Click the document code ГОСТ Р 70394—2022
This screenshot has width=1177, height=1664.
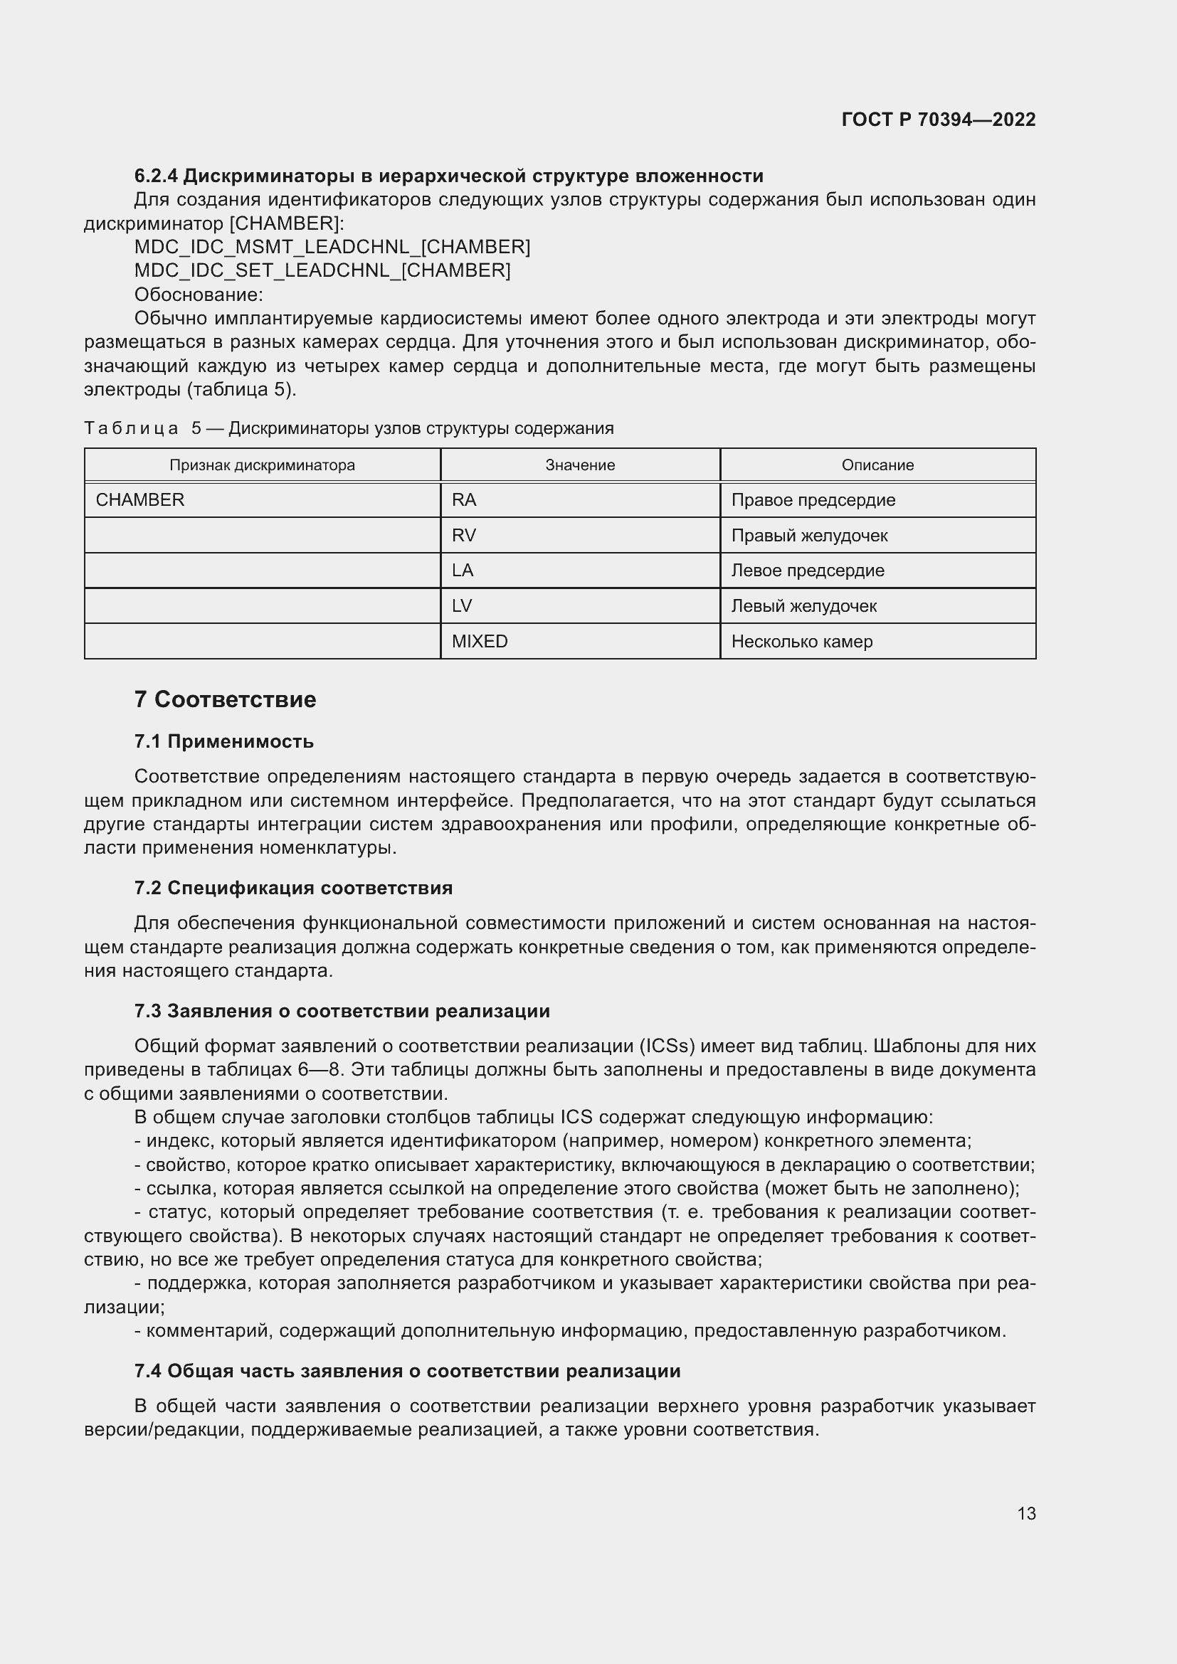coord(938,120)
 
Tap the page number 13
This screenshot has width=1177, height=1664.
coord(1026,1513)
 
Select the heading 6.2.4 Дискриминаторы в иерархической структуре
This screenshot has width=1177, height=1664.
coord(448,176)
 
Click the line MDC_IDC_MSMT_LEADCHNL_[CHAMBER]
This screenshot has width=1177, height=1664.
coord(332,247)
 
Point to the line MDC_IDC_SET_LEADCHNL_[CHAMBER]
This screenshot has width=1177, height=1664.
coord(322,270)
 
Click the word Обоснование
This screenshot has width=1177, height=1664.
coord(198,295)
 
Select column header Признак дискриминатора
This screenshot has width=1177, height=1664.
coord(263,465)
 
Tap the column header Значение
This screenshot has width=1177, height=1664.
coord(580,465)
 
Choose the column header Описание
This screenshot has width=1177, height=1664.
coord(877,465)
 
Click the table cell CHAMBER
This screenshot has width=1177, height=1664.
coord(141,500)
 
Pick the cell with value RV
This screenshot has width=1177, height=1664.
coord(464,536)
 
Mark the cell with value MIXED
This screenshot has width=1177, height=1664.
coord(480,642)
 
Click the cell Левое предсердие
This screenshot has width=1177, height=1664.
coord(808,571)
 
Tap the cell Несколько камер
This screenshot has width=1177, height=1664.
coord(801,642)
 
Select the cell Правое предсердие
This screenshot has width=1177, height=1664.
coord(813,500)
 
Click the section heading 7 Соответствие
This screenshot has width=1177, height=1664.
coord(226,699)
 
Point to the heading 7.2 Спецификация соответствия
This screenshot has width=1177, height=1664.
coord(293,888)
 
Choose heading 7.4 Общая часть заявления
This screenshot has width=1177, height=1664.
coord(407,1371)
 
